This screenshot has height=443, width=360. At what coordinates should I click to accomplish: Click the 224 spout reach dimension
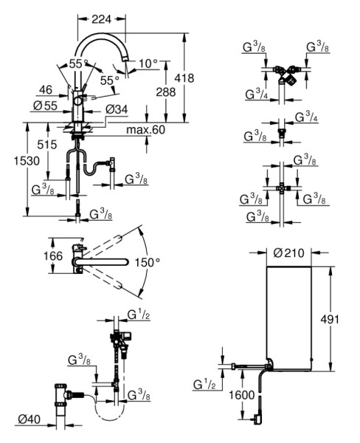coord(101,19)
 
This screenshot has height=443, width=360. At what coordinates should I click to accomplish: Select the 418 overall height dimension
coord(184,78)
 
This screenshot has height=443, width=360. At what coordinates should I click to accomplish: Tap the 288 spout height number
coord(166,92)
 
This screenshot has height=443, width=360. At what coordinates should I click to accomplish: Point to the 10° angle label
coord(148,63)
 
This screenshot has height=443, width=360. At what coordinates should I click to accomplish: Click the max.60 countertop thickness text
coord(145,130)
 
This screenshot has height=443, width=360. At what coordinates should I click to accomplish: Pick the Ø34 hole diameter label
coord(117,109)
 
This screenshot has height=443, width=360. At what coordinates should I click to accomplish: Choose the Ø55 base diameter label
coord(45,106)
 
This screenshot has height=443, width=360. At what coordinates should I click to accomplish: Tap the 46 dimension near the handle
coord(46,90)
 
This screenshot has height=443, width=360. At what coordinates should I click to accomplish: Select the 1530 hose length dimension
coord(27,161)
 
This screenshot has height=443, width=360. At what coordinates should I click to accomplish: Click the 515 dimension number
coord(47,145)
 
